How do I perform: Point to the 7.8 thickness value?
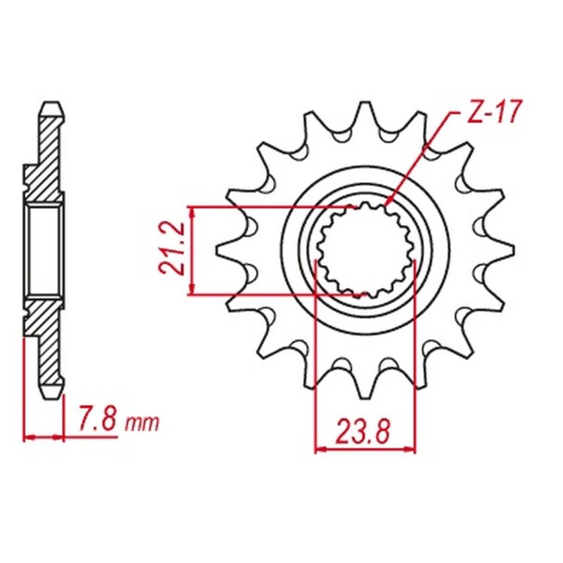click(x=97, y=422)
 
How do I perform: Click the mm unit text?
click(x=144, y=424)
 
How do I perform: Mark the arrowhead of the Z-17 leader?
click(x=388, y=203)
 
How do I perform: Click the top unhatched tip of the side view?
click(x=53, y=109)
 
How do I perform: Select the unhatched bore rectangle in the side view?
click(x=45, y=251)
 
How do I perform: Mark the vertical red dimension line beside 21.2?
click(x=192, y=251)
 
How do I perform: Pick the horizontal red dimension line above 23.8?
click(x=365, y=448)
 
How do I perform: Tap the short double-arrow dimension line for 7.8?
click(x=44, y=437)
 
